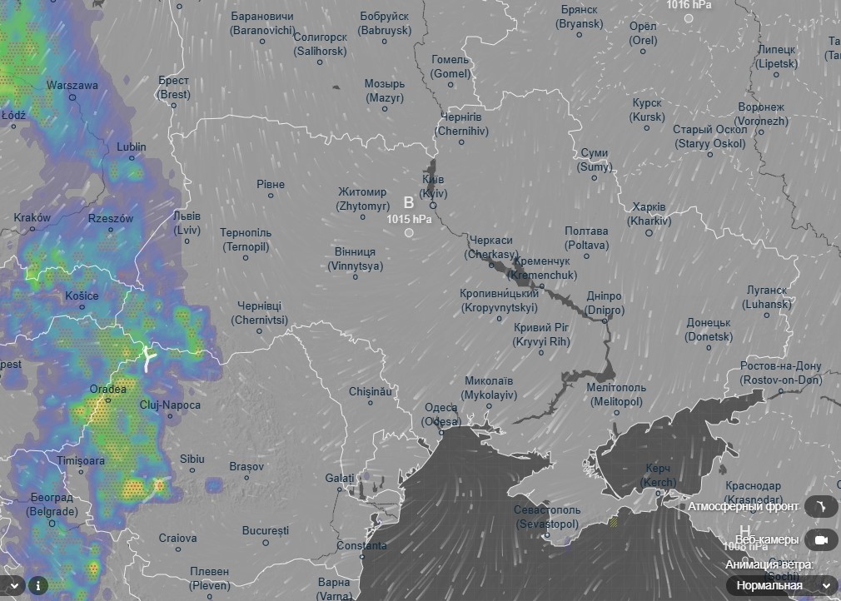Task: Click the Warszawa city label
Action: tap(72, 85)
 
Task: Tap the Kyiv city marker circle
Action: tap(433, 206)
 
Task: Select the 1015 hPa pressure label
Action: tap(409, 219)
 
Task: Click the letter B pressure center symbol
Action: tap(408, 202)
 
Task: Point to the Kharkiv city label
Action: tap(649, 214)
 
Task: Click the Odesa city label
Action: tap(441, 414)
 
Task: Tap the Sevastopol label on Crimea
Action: tap(547, 516)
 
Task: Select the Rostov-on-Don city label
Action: tap(780, 373)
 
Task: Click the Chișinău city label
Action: tap(370, 390)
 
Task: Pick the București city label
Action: tap(265, 530)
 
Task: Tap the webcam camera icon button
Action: tap(820, 540)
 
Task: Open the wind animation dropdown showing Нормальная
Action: tap(782, 585)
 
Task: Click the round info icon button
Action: tap(37, 585)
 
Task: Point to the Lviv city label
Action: tap(187, 222)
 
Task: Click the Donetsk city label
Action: tap(709, 330)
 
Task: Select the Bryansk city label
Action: tap(580, 17)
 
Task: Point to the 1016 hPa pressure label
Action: tap(689, 5)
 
